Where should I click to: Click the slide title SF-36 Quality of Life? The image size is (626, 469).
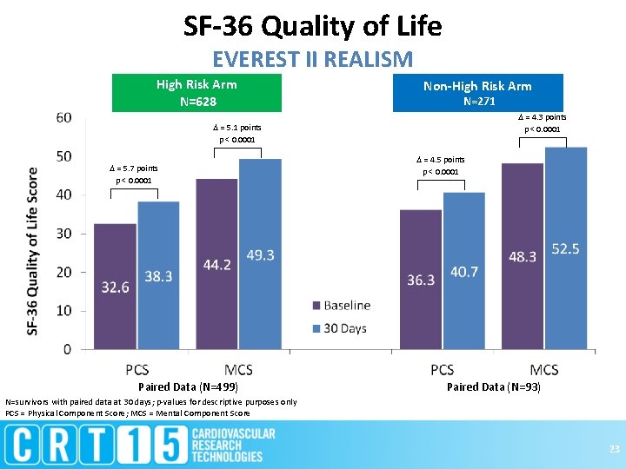click(312, 26)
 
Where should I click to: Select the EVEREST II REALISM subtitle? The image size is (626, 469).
click(312, 59)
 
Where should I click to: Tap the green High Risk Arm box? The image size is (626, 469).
click(197, 92)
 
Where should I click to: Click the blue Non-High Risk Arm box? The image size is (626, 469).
click(477, 93)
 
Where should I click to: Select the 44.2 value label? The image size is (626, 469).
click(216, 264)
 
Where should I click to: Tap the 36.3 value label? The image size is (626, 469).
click(421, 279)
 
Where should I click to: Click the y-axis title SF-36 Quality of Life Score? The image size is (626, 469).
click(33, 251)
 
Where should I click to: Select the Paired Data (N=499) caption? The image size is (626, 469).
click(188, 386)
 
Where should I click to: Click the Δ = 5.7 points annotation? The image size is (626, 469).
click(134, 168)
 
